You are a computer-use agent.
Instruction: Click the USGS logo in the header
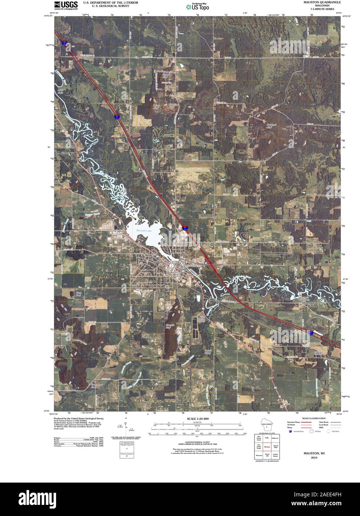click(66, 5)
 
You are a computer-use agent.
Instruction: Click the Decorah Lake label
click(144, 231)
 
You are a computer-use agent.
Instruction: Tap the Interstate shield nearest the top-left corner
click(65, 43)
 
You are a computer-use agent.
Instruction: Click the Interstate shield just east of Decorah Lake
click(185, 227)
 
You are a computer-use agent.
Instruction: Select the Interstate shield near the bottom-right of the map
click(311, 333)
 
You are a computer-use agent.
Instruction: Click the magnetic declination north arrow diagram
click(126, 427)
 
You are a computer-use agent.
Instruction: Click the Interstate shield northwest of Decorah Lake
click(117, 117)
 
